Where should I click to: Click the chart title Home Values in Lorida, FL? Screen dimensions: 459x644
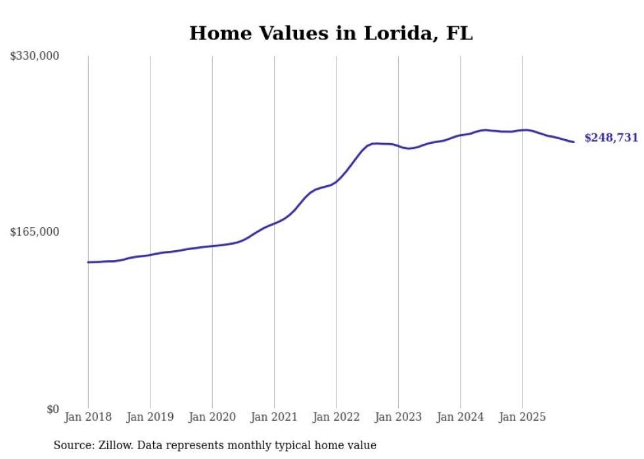331,33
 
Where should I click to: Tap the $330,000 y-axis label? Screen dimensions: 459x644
35,56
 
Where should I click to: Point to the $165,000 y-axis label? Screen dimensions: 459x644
35,232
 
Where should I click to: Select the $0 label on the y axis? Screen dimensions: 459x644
53,409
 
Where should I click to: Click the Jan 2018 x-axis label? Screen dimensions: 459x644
88,417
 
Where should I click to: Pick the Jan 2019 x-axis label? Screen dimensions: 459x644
150,417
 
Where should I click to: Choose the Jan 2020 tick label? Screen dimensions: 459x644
212,417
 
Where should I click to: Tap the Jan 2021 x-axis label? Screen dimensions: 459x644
274,417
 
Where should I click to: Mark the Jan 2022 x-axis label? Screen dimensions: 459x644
336,417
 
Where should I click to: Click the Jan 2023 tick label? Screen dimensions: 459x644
398,417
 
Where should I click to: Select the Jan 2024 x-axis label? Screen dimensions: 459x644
460,417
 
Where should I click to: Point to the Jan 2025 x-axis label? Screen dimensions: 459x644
522,417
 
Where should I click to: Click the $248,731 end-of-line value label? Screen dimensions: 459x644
611,138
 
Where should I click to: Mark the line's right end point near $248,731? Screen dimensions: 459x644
574,142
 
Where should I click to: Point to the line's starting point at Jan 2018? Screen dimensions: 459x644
88,262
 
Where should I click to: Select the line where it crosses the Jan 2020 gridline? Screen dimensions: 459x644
212,246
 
